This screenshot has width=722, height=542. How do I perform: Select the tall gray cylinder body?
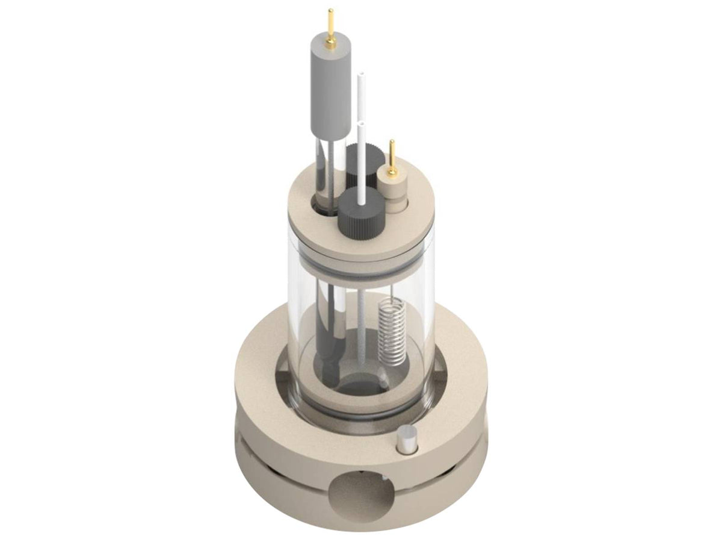pos(330,90)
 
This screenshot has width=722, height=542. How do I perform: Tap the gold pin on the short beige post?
pos(392,158)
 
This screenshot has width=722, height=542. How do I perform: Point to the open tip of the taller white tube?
pos(362,76)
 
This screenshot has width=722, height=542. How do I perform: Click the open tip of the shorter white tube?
pos(361,124)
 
